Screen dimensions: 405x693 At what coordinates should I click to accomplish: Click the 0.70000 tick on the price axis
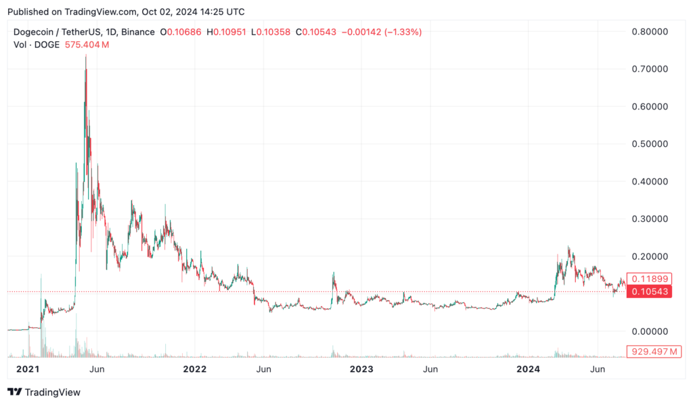point(650,69)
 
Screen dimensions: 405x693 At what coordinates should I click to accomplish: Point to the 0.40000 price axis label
point(650,181)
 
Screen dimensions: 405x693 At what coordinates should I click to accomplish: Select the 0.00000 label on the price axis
point(650,331)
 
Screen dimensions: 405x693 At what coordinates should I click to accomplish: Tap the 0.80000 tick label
point(650,31)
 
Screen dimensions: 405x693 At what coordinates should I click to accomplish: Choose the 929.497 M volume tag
point(654,352)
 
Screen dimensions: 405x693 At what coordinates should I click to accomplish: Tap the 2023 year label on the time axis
point(361,369)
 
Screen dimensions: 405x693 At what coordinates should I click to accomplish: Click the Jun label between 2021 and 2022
point(97,369)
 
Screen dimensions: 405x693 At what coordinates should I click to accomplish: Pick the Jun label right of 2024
point(597,369)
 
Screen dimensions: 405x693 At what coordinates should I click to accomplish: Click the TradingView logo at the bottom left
point(44,392)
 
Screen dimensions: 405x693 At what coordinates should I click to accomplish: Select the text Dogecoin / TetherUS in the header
point(58,32)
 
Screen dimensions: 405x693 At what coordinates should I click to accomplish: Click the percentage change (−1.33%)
point(401,32)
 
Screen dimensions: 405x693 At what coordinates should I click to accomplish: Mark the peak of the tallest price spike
point(85,55)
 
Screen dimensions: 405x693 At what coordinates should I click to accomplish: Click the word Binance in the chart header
point(137,32)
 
